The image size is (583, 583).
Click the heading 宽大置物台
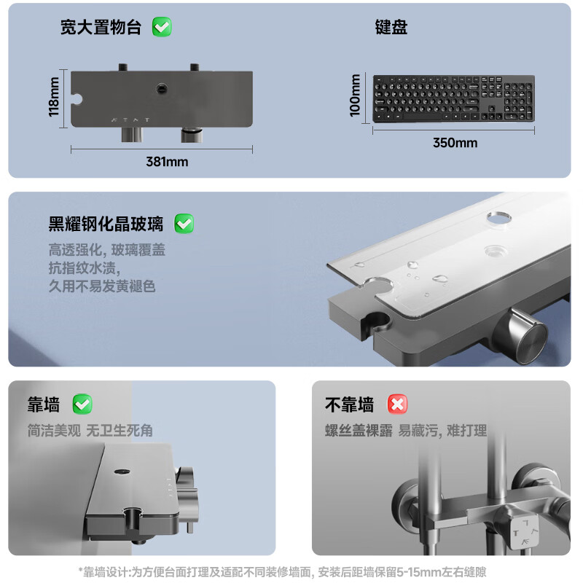[x=101, y=27]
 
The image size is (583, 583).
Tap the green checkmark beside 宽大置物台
[x=162, y=27]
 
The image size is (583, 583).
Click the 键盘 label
[x=391, y=27]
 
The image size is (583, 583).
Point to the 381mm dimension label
[x=167, y=162]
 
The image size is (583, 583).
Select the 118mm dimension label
[x=54, y=97]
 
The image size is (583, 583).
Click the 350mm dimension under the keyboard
[x=455, y=143]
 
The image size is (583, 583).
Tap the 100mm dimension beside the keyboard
[x=355, y=95]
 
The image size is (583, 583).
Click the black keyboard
[x=453, y=98]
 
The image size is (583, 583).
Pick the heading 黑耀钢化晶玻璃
[x=106, y=224]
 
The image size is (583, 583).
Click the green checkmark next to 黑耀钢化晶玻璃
[x=184, y=224]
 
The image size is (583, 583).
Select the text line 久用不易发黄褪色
[x=102, y=286]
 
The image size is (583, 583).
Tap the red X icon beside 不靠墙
[x=397, y=404]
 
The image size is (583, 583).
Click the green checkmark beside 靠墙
[x=82, y=404]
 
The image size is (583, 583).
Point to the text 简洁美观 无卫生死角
[x=90, y=431]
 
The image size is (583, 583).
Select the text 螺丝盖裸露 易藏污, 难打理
[x=406, y=431]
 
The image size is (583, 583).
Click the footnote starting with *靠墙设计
[x=282, y=571]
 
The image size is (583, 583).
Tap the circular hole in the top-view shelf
[x=162, y=89]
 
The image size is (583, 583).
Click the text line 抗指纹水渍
[x=85, y=267]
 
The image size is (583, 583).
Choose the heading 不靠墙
[x=350, y=404]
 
